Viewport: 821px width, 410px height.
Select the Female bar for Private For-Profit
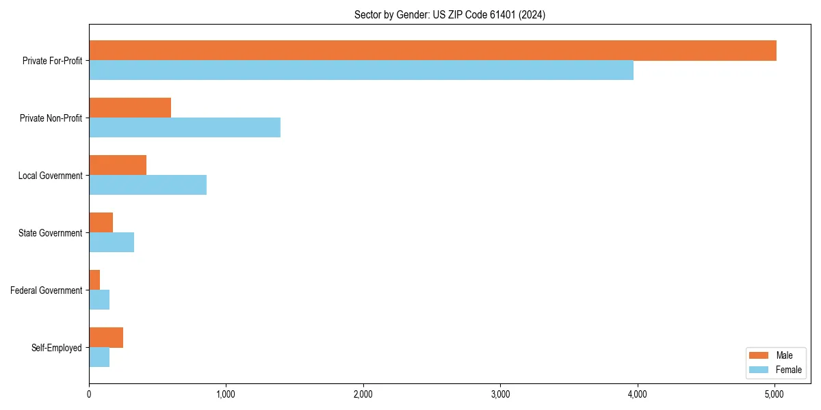point(361,70)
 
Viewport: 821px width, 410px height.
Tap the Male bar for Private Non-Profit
point(130,108)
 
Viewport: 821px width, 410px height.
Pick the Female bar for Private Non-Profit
point(185,128)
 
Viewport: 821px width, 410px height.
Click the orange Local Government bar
point(118,165)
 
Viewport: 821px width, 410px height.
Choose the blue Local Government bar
point(148,185)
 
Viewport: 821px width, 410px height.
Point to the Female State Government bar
point(112,243)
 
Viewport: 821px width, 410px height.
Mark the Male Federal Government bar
point(94,280)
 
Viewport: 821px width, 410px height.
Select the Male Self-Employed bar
point(106,338)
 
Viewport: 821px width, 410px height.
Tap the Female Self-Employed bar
point(99,357)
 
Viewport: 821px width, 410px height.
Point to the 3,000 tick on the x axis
point(500,394)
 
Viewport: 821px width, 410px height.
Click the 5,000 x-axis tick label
point(774,394)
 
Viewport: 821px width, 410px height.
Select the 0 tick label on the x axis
point(89,394)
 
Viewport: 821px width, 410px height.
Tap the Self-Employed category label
point(57,348)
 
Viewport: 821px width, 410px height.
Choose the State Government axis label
point(51,233)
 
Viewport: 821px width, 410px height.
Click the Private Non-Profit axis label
point(51,118)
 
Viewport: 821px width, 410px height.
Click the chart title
point(449,14)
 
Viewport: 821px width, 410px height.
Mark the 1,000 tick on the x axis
point(226,394)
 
